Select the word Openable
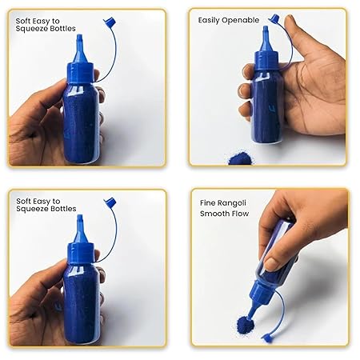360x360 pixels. tap(242, 19)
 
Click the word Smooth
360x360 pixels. tap(214, 214)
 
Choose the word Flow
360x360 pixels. tap(243, 214)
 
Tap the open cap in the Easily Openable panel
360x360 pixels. tap(274, 18)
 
